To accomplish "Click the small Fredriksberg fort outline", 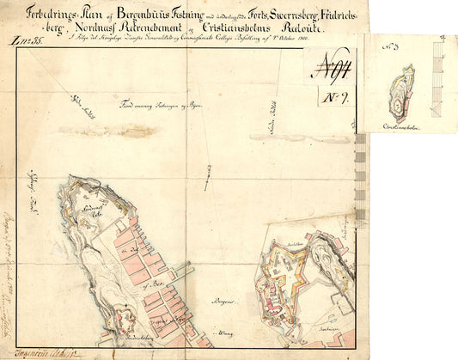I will (120, 312).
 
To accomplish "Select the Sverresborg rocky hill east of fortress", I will (331, 258).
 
